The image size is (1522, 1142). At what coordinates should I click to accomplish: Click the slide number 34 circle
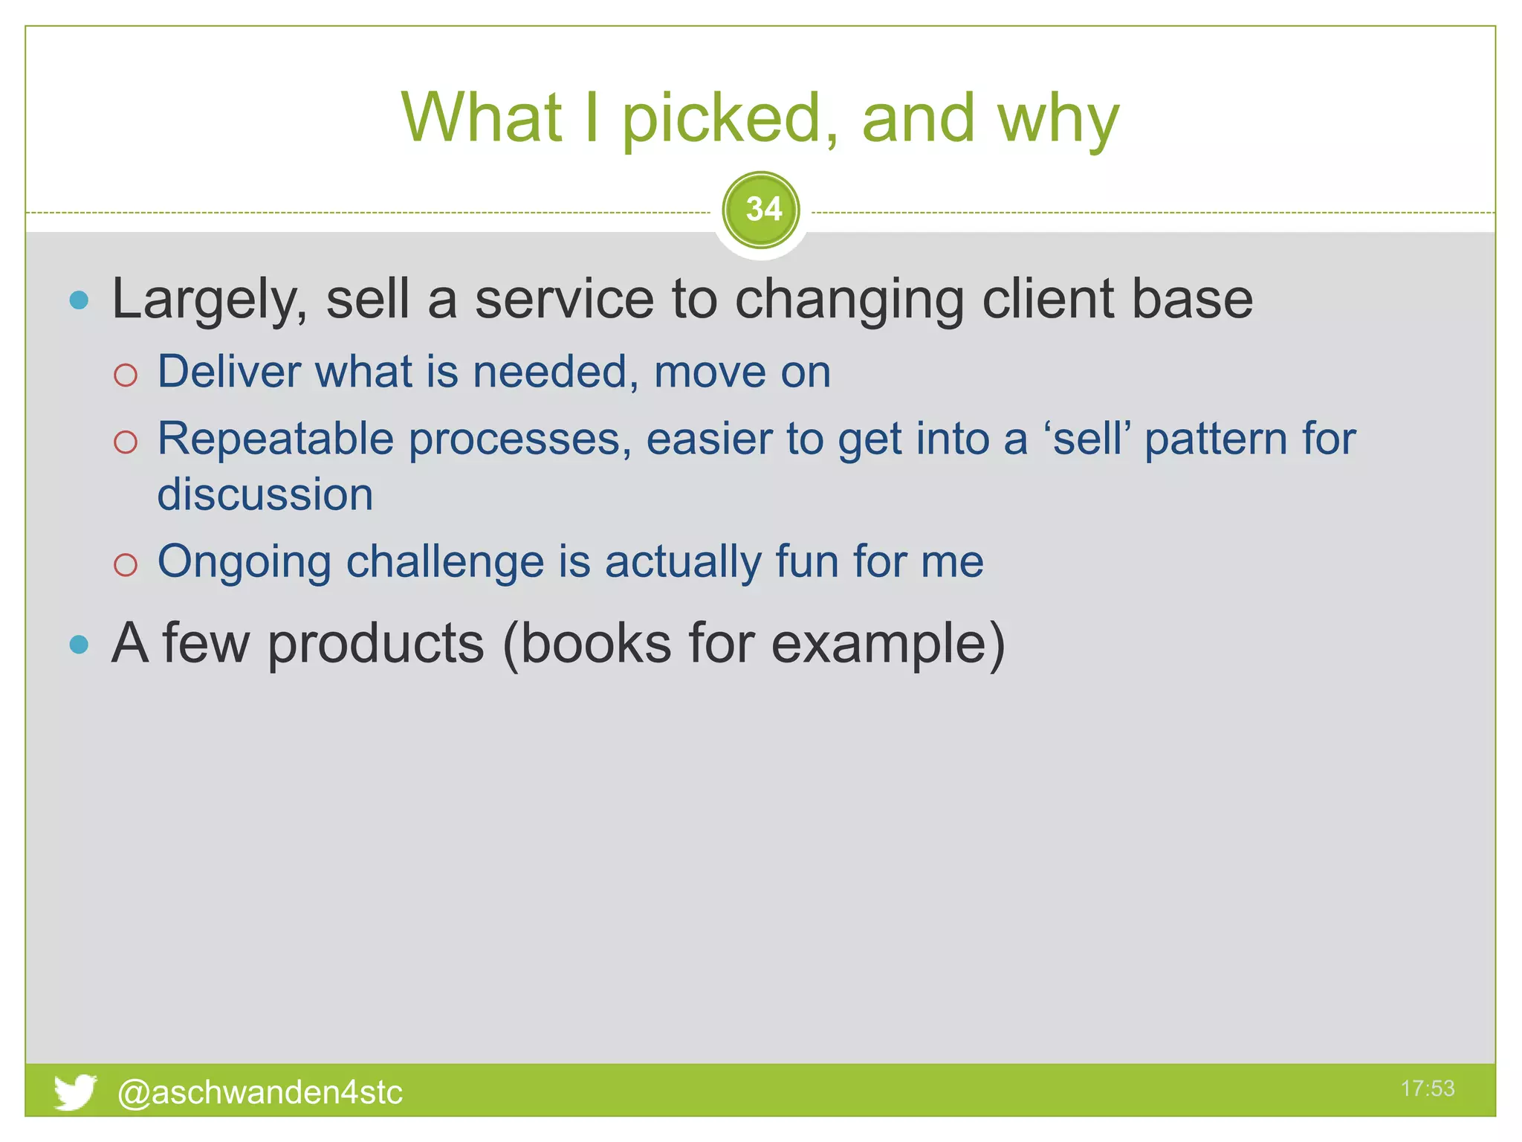click(x=761, y=210)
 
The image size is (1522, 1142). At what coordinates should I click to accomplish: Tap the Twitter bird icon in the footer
click(x=74, y=1091)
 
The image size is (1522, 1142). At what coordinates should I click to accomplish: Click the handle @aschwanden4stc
click(x=260, y=1092)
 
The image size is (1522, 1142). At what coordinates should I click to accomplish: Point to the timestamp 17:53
click(x=1427, y=1088)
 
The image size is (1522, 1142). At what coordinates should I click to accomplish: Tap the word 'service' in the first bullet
click(x=564, y=300)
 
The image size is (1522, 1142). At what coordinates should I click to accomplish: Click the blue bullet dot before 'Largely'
click(x=79, y=300)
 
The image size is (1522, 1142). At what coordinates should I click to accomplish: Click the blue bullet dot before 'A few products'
click(x=79, y=644)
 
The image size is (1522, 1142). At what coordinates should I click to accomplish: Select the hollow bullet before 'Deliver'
click(x=126, y=375)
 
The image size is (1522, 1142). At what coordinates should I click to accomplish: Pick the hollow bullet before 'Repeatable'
click(x=126, y=442)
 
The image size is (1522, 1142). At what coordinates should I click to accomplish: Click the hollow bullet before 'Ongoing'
click(x=126, y=564)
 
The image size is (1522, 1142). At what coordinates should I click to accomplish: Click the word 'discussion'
click(x=265, y=495)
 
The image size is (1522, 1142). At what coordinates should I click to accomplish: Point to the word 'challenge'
click(x=445, y=561)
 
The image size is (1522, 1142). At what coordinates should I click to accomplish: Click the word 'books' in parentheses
click(x=595, y=643)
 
